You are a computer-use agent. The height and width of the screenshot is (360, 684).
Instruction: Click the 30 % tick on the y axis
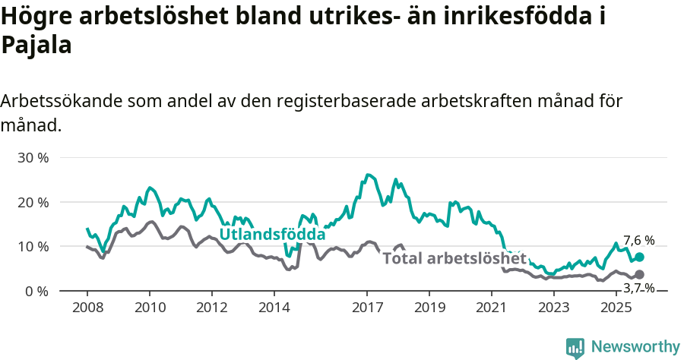pyautogui.click(x=33, y=158)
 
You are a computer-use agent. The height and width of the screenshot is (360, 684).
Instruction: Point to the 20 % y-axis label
pyautogui.click(x=33, y=202)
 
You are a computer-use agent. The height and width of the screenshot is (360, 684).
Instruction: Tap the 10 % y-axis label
pyautogui.click(x=33, y=247)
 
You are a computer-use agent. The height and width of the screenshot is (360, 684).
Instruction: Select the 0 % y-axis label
pyautogui.click(x=36, y=291)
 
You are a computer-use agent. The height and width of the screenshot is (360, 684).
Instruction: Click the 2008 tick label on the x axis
pyautogui.click(x=87, y=308)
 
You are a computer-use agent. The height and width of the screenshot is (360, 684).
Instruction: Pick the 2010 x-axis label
pyautogui.click(x=150, y=308)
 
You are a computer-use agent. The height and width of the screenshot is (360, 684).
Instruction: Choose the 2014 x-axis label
pyautogui.click(x=274, y=308)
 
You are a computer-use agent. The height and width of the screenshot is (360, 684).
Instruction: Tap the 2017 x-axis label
pyautogui.click(x=367, y=308)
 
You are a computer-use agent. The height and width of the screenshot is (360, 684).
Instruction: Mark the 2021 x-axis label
pyautogui.click(x=491, y=308)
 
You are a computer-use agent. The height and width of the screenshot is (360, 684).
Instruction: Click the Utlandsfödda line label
pyautogui.click(x=272, y=235)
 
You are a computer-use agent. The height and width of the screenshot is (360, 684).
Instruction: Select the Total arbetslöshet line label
pyautogui.click(x=454, y=258)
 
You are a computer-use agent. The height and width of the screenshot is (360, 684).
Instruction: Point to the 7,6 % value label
pyautogui.click(x=638, y=241)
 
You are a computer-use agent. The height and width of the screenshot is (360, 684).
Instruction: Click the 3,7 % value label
pyautogui.click(x=638, y=288)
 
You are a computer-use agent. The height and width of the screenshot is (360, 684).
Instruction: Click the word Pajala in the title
pyautogui.click(x=36, y=46)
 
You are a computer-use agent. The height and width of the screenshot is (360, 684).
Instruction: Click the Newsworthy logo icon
pyautogui.click(x=575, y=347)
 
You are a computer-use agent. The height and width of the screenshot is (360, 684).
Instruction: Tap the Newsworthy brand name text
pyautogui.click(x=635, y=347)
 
